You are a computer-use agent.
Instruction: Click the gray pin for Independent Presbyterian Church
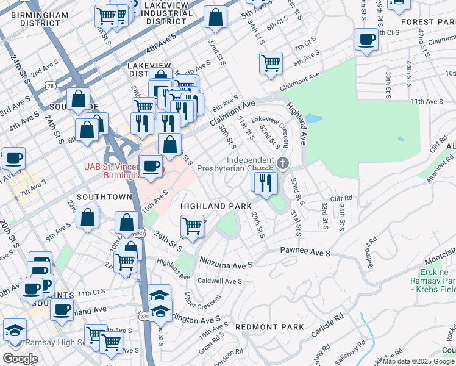[x=282, y=163]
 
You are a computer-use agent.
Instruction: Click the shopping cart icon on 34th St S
[x=271, y=62]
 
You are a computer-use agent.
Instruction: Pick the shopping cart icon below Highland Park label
[x=192, y=226]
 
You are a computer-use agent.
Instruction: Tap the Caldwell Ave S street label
[x=220, y=281]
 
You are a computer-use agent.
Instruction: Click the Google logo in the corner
[x=20, y=359]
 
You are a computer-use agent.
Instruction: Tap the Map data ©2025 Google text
[x=418, y=361]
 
